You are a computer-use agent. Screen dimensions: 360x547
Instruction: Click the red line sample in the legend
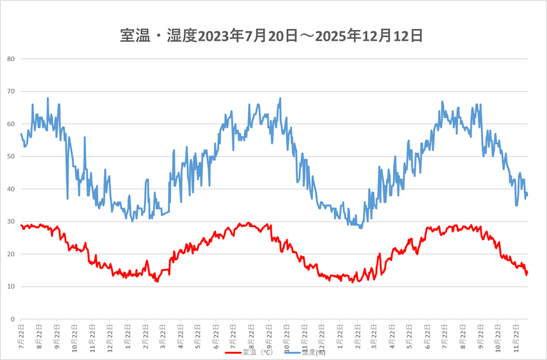233,352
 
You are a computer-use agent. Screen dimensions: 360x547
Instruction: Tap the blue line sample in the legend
293,352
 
